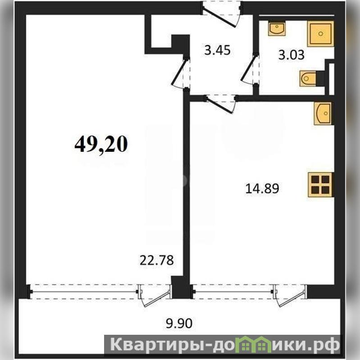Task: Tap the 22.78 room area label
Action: pyautogui.click(x=157, y=260)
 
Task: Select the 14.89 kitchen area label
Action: pyautogui.click(x=262, y=189)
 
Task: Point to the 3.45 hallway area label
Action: pyautogui.click(x=217, y=50)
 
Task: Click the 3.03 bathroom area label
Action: pyautogui.click(x=292, y=55)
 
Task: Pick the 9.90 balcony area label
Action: pyautogui.click(x=179, y=324)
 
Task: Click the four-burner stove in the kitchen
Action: pyautogui.click(x=320, y=185)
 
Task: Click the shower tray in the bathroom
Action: pyautogui.click(x=320, y=34)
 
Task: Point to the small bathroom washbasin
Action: pyautogui.click(x=277, y=29)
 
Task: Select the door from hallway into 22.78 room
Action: pyautogui.click(x=182, y=73)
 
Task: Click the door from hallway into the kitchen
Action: pyautogui.click(x=221, y=104)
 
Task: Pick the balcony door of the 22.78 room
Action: pyautogui.click(x=155, y=296)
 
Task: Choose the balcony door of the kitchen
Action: pyautogui.click(x=290, y=296)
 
